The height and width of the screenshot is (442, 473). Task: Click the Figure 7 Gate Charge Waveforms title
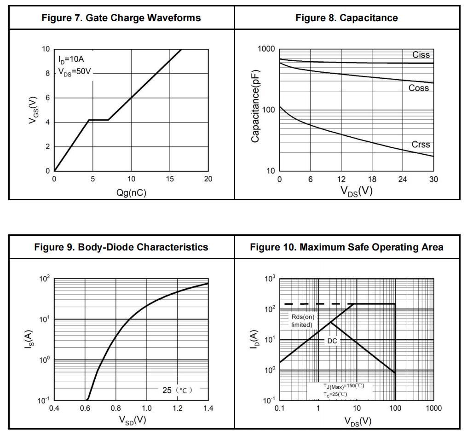121,18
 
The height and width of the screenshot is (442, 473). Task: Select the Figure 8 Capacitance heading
347,18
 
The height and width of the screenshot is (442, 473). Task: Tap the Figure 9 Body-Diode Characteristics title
121,247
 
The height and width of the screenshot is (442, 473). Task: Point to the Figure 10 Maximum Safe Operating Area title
347,247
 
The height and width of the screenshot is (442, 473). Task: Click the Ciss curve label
421,55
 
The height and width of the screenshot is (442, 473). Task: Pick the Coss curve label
418,88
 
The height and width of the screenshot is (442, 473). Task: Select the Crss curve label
421,145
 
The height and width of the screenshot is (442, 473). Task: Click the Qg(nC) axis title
131,193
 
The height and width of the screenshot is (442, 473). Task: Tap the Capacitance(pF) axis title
256,106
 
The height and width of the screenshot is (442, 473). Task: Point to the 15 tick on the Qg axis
170,180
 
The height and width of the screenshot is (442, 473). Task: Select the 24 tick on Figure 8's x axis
403,180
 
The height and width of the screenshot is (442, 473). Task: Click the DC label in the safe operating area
332,341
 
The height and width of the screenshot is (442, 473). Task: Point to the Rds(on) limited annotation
302,320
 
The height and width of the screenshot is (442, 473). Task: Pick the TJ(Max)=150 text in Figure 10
343,386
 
